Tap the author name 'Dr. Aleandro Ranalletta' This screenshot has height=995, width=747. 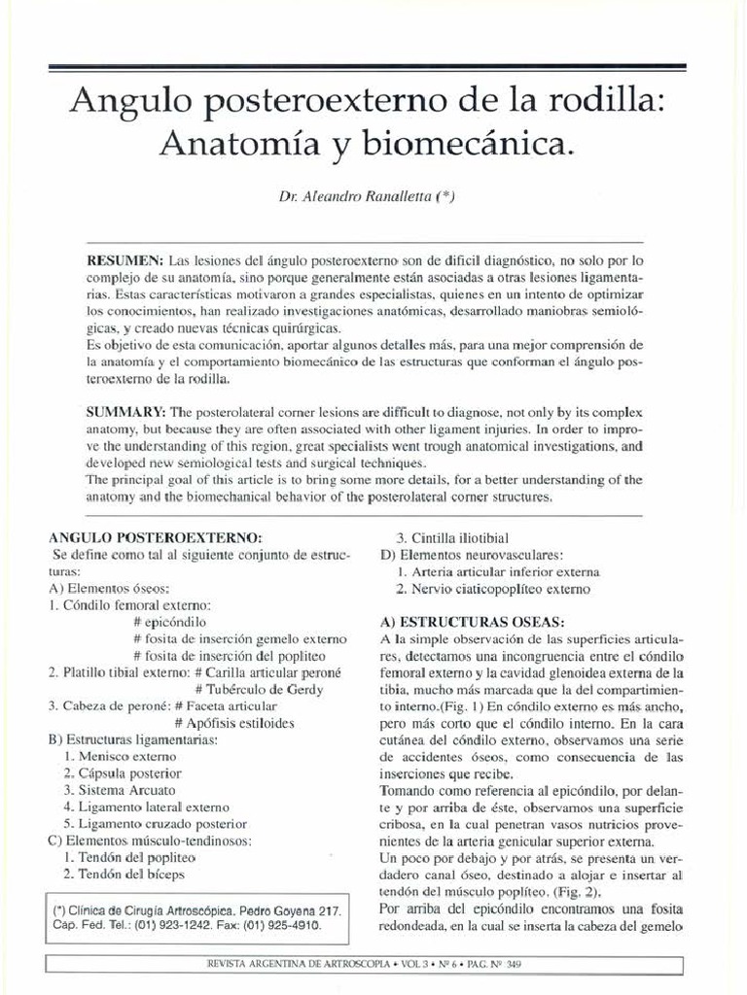pyautogui.click(x=367, y=196)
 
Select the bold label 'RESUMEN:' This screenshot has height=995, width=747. pyautogui.click(x=125, y=262)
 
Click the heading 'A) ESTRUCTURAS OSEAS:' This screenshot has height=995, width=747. pyautogui.click(x=469, y=621)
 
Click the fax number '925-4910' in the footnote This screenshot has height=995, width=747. pyautogui.click(x=289, y=926)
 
